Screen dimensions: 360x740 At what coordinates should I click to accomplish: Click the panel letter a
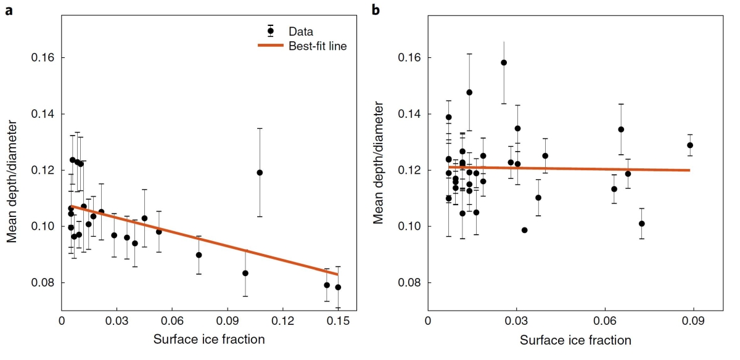point(9,10)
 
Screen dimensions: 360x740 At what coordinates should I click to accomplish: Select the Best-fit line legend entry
point(316,46)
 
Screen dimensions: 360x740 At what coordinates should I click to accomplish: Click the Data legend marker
point(270,31)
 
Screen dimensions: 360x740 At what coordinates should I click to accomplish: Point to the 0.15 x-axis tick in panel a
point(337,321)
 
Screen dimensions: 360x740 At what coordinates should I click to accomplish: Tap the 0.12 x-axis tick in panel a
point(282,321)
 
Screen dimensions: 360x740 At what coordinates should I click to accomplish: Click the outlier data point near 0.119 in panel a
point(260,173)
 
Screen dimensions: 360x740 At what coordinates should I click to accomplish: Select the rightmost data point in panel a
point(338,287)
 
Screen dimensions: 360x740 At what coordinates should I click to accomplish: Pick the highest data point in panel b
point(504,62)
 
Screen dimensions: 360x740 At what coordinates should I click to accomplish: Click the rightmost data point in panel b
point(690,145)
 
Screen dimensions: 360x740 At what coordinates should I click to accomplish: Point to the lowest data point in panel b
point(525,230)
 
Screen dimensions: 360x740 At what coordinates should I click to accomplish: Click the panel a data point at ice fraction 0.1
point(245,273)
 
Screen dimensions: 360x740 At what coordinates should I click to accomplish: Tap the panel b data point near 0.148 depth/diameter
point(469,92)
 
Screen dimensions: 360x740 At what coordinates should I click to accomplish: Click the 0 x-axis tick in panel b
point(428,321)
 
